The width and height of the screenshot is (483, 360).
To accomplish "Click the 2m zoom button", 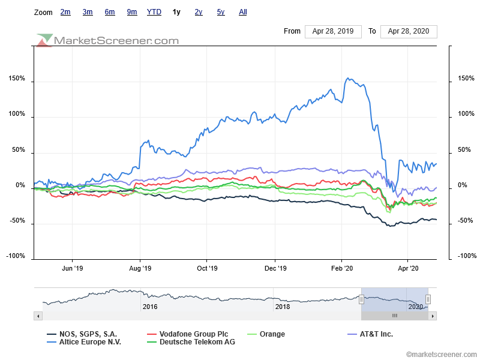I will [65, 12].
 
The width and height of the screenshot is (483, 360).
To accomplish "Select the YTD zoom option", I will [154, 12].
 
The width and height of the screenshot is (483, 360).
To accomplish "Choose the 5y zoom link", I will [221, 12].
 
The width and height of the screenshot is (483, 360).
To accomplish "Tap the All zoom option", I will [242, 12].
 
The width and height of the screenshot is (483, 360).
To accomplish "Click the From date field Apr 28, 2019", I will [333, 31].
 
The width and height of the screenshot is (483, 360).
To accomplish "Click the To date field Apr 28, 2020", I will [409, 31].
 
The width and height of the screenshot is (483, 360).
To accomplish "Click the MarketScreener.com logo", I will [108, 40].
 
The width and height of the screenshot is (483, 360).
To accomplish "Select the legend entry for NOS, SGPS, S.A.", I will [88, 334].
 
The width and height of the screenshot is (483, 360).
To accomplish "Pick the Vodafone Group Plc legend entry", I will [191, 334].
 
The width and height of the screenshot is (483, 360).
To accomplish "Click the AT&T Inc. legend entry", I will [376, 334].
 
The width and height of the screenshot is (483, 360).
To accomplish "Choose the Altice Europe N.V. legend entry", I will [89, 342].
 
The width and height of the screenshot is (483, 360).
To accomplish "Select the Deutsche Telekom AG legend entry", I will [197, 342].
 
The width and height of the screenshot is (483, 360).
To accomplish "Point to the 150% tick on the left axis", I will [16, 79].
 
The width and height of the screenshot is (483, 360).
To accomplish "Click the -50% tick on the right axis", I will [466, 221].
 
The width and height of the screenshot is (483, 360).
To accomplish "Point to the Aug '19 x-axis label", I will [140, 269].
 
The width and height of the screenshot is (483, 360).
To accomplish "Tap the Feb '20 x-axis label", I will [341, 269].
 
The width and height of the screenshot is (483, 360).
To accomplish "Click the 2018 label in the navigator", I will [282, 307].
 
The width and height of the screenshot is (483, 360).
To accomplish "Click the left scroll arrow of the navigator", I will [38, 316].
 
